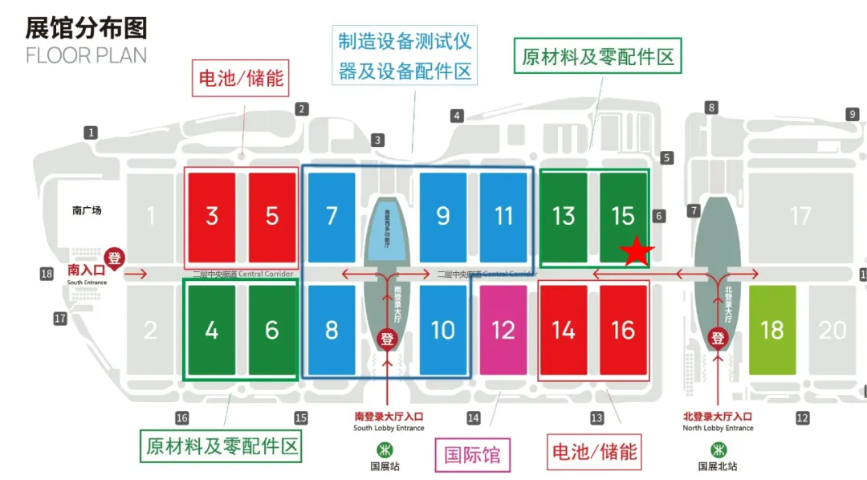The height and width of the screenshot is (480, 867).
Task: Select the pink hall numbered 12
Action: coord(503,330)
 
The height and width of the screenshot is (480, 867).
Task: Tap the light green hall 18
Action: coord(771,330)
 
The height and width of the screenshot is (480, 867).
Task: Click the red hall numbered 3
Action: coord(212,216)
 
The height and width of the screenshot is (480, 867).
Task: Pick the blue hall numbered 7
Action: coord(332,216)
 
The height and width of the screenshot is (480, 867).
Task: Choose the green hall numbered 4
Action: coord(212,330)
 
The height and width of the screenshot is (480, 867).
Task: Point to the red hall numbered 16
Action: coord(623,330)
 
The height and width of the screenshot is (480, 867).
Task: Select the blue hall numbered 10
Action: coord(443,330)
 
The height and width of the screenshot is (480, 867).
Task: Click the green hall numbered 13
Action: coord(564,216)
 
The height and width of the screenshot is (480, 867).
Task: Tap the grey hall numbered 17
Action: coord(800,216)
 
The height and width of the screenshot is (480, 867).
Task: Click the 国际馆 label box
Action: coord(473,455)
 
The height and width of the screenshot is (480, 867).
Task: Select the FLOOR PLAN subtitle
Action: coord(87,55)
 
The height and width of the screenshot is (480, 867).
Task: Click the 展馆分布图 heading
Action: coord(87,28)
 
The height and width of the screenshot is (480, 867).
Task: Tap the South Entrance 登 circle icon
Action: coord(116,258)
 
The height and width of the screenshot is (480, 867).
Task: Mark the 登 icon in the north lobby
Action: coord(718,338)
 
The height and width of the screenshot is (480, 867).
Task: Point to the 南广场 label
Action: coord(87,211)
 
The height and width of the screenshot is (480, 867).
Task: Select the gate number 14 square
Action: coord(474,417)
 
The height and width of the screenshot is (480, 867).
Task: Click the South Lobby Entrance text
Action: coord(389,429)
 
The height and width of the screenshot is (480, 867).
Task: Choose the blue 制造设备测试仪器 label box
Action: coord(405,55)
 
